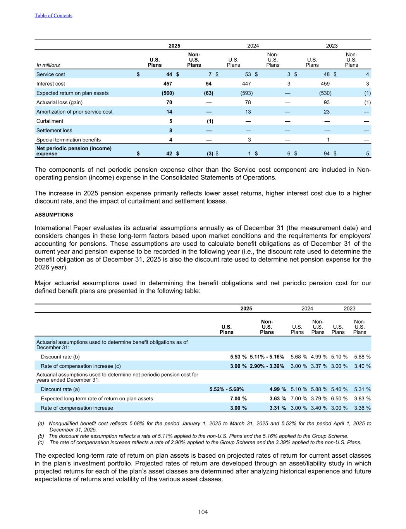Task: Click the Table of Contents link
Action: (x=53, y=16)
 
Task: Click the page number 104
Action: (x=203, y=512)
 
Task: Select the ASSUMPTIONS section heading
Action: (x=54, y=215)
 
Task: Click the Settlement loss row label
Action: (x=54, y=131)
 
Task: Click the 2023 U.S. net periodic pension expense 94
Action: (x=326, y=153)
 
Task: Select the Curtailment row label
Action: (x=50, y=121)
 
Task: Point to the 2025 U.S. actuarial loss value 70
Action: (x=169, y=102)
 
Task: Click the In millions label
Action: (x=48, y=65)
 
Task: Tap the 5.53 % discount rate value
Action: (x=238, y=357)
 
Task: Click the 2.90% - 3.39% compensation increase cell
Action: (x=267, y=366)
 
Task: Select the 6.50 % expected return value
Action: (x=339, y=398)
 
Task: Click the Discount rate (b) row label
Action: (x=60, y=357)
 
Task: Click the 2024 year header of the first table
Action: (x=253, y=46)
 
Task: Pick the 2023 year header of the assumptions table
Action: (x=349, y=308)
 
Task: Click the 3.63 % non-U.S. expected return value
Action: (x=278, y=398)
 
